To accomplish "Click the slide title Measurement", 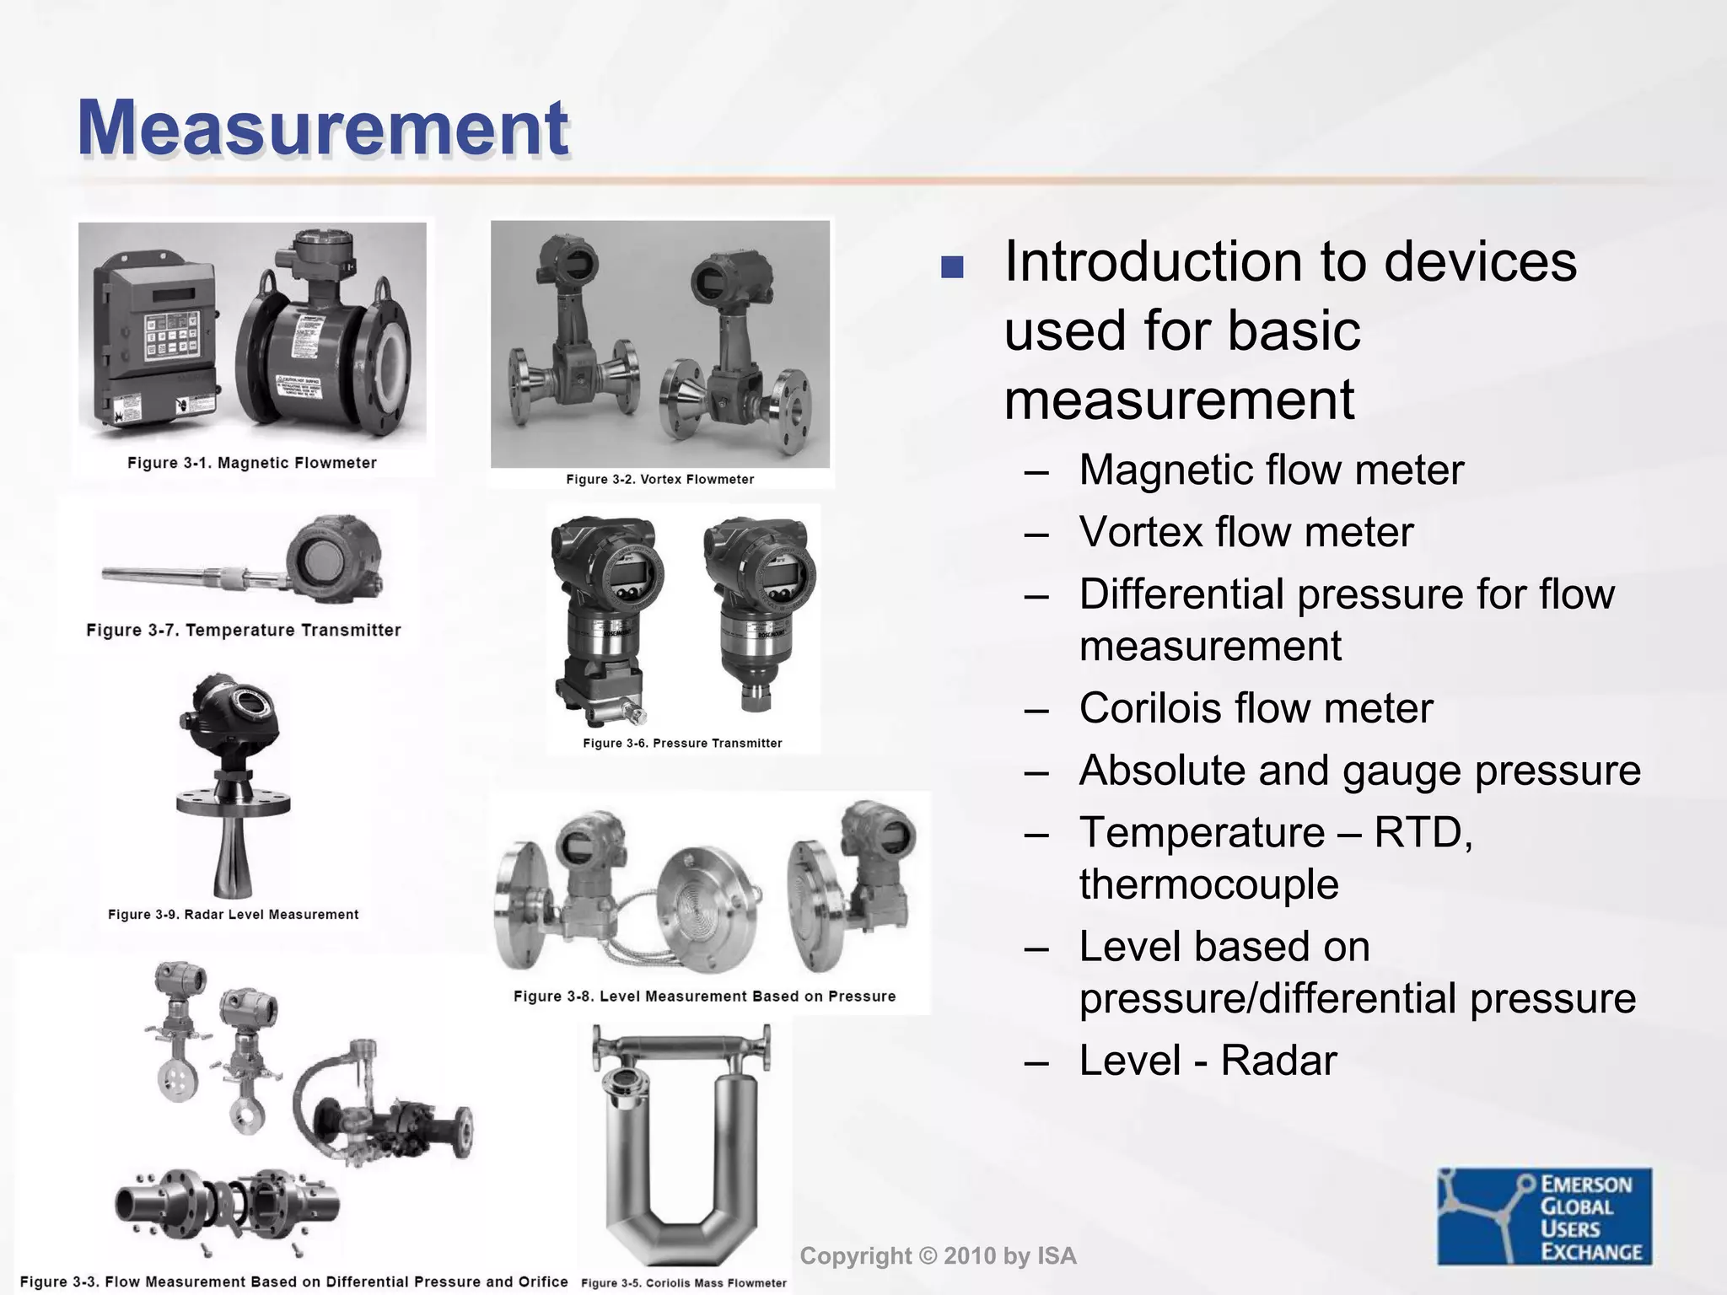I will click(x=323, y=128).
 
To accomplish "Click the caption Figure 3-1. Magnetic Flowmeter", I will click(x=251, y=463).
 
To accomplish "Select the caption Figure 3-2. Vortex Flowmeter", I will click(x=659, y=479).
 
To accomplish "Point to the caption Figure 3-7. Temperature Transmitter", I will click(x=244, y=630).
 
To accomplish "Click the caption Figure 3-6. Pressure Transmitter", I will click(x=682, y=743).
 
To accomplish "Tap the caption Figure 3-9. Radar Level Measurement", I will click(x=233, y=915).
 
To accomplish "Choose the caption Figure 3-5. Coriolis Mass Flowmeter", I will click(x=684, y=1282).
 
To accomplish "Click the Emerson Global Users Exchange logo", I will click(x=1545, y=1216).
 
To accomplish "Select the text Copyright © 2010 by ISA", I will click(x=938, y=1256).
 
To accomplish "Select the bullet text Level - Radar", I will click(x=1208, y=1061).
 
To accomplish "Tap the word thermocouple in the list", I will click(x=1208, y=884).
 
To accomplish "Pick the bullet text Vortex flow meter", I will click(x=1245, y=533).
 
